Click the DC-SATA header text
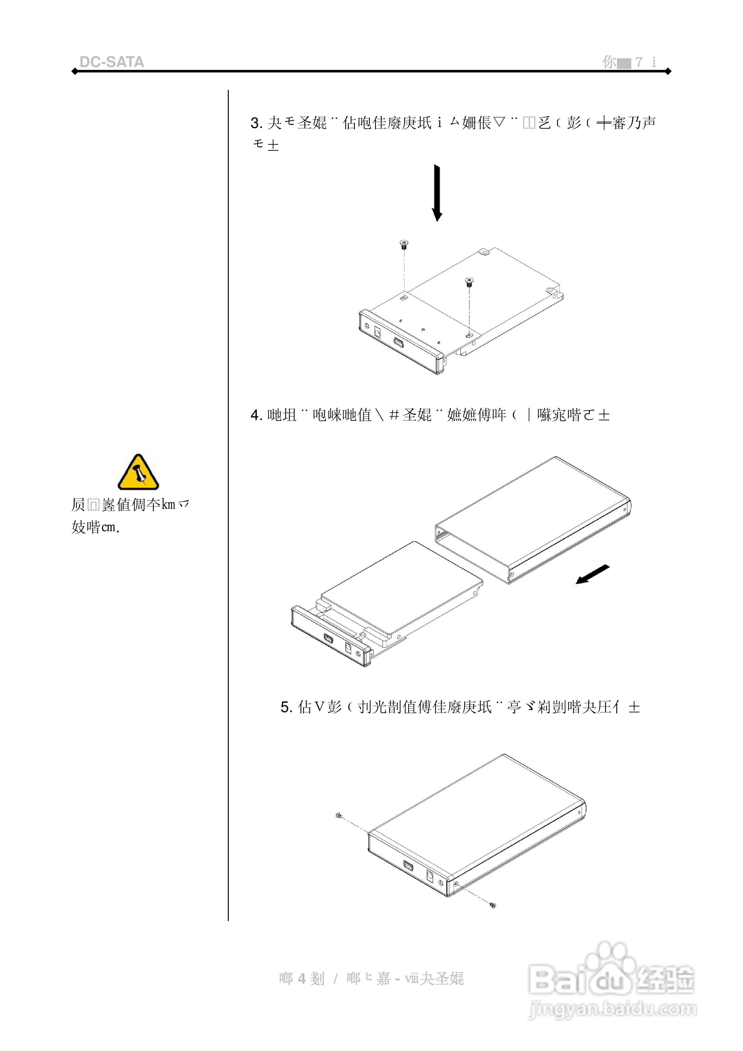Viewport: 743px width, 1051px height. pyautogui.click(x=112, y=62)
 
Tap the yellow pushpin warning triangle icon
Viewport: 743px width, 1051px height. pyautogui.click(x=138, y=472)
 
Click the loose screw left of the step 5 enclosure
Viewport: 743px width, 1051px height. pyautogui.click(x=339, y=815)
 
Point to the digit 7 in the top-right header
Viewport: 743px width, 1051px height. pyautogui.click(x=639, y=62)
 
